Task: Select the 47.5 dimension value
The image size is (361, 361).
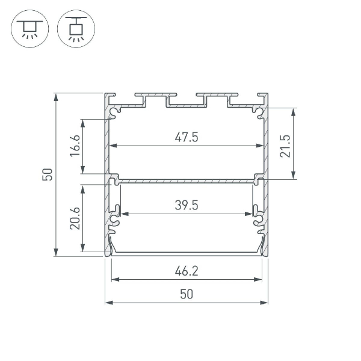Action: click(x=187, y=137)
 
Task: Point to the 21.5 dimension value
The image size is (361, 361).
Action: click(x=285, y=145)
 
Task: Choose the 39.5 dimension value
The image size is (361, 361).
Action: click(x=187, y=205)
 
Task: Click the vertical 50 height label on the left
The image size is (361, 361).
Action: click(x=48, y=175)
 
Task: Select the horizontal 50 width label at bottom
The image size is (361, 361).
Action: click(x=187, y=294)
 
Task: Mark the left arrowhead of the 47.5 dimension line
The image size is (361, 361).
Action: click(x=112, y=146)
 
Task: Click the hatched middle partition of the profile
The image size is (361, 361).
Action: click(x=187, y=179)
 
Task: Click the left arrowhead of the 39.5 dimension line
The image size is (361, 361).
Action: click(x=123, y=213)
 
